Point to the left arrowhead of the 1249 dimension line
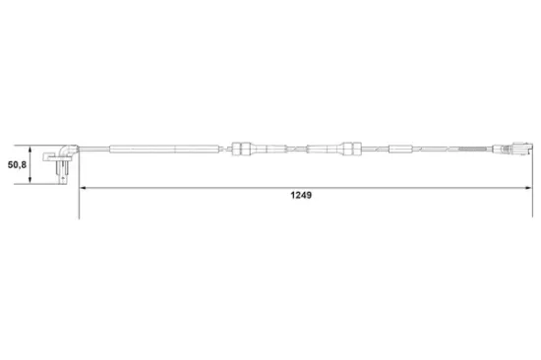pos(83,186)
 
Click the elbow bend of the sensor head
pos(62,149)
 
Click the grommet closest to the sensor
pos(241,150)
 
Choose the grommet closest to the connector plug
pos(348,150)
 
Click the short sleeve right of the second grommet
pos(401,150)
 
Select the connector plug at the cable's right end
pos(516,150)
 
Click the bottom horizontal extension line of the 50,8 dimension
pos(44,184)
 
